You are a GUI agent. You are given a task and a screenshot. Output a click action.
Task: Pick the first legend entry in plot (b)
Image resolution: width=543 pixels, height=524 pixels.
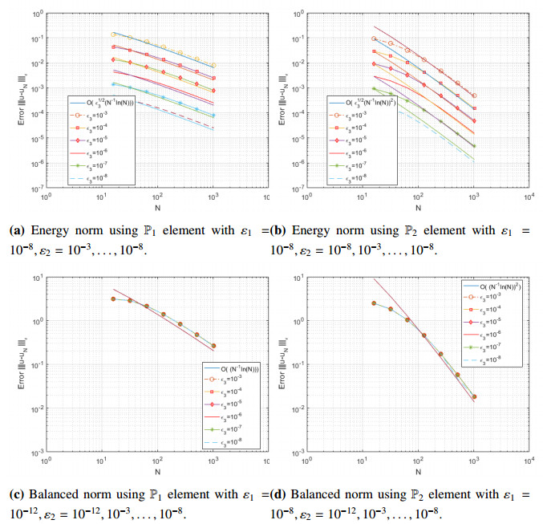(369, 102)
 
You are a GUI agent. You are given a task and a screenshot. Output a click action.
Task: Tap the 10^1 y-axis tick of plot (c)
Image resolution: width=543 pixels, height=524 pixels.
(35, 278)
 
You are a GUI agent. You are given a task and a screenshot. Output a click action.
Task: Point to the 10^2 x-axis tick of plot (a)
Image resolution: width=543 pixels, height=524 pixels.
(159, 197)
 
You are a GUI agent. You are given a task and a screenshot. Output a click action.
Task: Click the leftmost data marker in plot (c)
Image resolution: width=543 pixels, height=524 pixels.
(113, 299)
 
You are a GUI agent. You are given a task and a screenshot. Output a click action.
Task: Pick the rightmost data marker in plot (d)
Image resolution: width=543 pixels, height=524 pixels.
(474, 396)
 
